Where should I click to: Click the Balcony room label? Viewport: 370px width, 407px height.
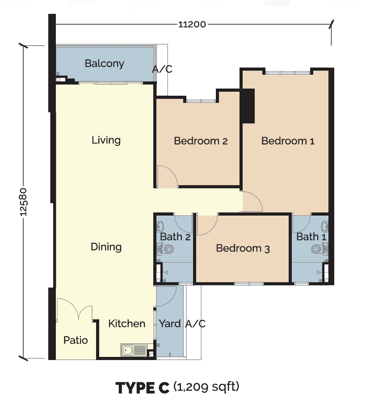click(105, 64)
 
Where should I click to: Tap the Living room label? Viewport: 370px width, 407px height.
click(106, 140)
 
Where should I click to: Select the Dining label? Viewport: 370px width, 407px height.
click(106, 247)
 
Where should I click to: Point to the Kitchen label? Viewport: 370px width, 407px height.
click(127, 324)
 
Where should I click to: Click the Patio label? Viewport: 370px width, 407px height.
click(76, 340)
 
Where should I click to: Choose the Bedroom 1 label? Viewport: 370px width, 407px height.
click(288, 141)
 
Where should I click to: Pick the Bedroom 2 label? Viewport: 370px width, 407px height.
click(201, 141)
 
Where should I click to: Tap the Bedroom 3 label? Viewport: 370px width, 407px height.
click(243, 248)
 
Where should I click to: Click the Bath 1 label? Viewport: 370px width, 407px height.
click(311, 237)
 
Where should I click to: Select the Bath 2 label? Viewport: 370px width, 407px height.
click(175, 237)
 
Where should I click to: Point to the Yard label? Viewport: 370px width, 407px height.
click(169, 324)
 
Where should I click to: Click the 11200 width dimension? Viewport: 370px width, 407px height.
click(192, 25)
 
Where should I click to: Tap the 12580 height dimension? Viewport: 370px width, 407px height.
click(23, 202)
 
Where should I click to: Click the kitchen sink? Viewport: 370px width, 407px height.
click(134, 350)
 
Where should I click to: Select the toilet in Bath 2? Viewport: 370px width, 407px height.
click(165, 250)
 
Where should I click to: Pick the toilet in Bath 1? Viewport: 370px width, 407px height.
click(320, 250)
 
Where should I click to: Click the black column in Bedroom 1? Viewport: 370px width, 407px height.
click(248, 106)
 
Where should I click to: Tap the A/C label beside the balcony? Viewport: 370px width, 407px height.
click(162, 69)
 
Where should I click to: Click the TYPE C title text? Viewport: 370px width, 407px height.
click(143, 388)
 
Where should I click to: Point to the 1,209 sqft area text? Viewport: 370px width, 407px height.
click(206, 386)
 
